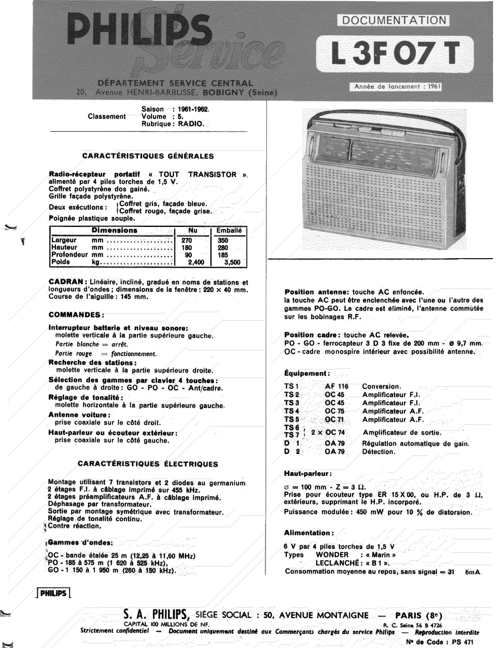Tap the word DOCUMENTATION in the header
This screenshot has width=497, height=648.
(x=394, y=20)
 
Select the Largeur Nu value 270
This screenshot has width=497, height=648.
(x=187, y=240)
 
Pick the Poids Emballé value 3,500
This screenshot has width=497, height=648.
(x=232, y=262)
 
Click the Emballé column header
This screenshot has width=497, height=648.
(x=229, y=230)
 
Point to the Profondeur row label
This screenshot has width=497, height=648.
(x=70, y=254)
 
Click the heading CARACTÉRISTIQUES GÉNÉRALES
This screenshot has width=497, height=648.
(x=148, y=156)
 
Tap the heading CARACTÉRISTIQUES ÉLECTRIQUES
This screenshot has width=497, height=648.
(x=148, y=464)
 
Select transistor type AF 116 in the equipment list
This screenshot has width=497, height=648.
(x=337, y=386)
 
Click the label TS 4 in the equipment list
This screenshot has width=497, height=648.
(x=292, y=411)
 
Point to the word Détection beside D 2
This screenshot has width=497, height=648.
(x=379, y=452)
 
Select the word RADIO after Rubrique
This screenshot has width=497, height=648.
(x=191, y=124)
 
